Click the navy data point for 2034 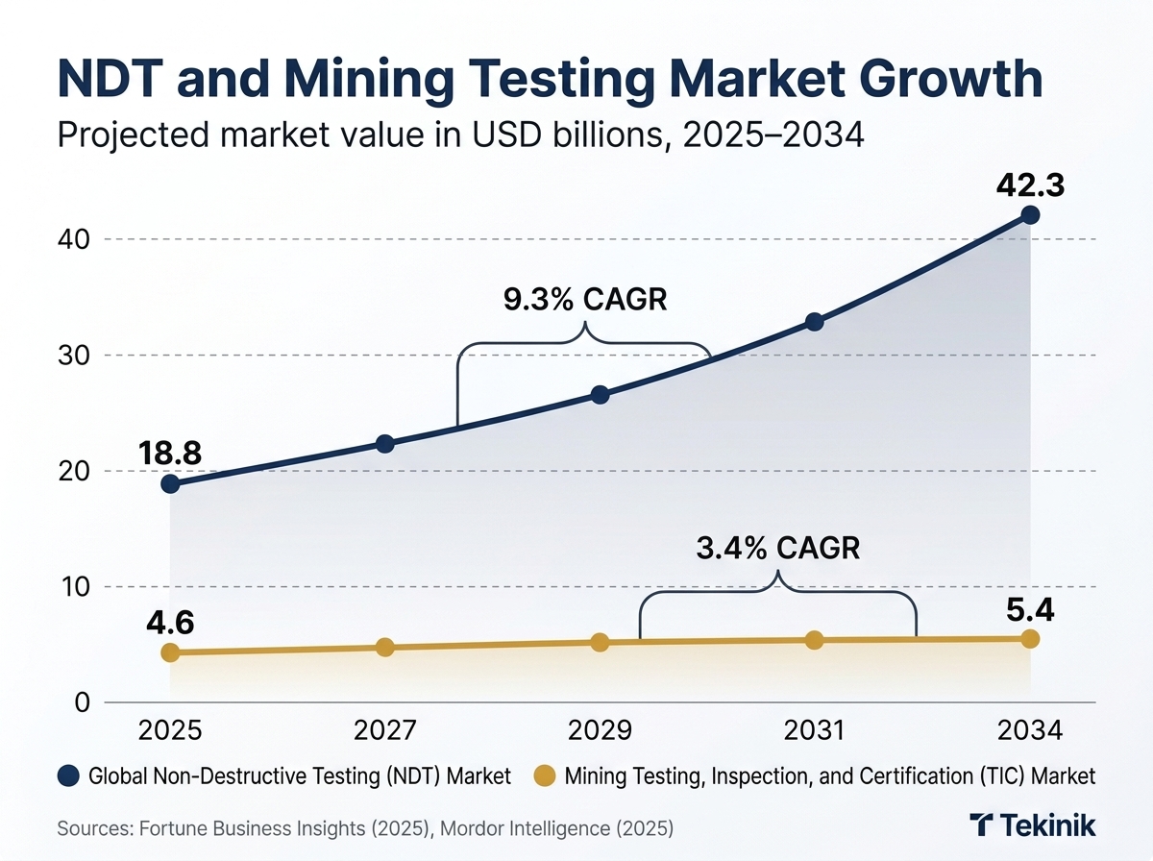click(x=1030, y=214)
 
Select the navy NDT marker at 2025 click(x=170, y=483)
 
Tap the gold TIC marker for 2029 click(x=600, y=642)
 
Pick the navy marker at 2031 click(x=814, y=322)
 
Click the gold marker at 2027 click(x=384, y=648)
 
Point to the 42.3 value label click(x=1029, y=184)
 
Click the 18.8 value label click(x=169, y=453)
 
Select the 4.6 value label click(x=169, y=622)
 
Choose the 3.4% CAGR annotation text click(x=778, y=548)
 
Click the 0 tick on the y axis click(x=82, y=702)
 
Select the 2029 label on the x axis click(x=600, y=731)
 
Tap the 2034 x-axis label click(x=1029, y=731)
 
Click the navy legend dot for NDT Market click(x=69, y=775)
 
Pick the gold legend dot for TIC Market click(x=546, y=775)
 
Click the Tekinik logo click(x=1032, y=826)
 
